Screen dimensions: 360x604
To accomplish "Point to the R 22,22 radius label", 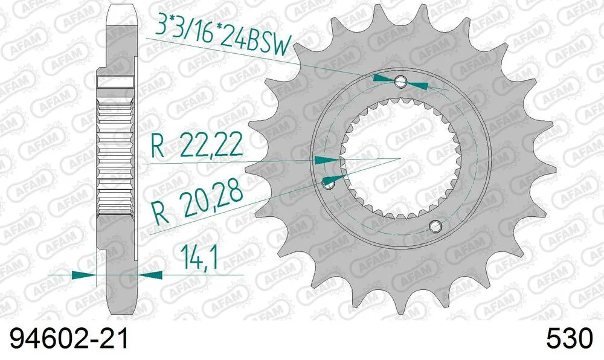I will tap(197, 147).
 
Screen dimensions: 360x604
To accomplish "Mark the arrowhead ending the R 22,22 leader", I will tap(326, 159).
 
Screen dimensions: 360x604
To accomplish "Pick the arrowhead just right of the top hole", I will tap(418, 85).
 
